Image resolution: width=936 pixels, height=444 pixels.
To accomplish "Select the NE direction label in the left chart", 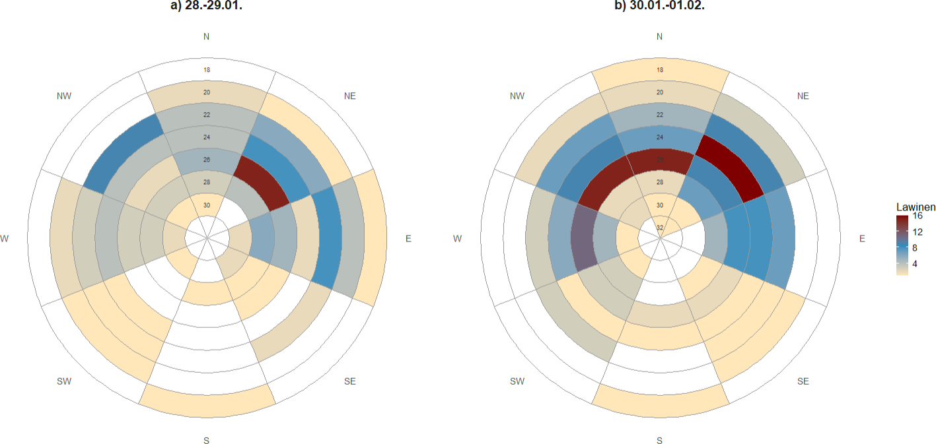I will [350, 96].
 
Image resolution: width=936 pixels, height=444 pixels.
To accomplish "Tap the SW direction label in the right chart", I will [517, 381].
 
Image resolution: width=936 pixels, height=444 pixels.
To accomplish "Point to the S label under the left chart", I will [207, 440].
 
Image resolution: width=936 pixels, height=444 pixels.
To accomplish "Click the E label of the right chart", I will [861, 239].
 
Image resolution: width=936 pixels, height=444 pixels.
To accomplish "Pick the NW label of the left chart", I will [64, 96].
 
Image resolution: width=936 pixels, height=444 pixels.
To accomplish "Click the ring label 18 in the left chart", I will [207, 69].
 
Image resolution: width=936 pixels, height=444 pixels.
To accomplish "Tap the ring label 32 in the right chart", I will [660, 228].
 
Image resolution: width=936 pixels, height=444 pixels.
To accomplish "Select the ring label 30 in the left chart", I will [207, 205].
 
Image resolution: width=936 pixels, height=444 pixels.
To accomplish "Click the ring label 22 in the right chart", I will [660, 115].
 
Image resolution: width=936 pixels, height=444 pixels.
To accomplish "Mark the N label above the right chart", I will [660, 36].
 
